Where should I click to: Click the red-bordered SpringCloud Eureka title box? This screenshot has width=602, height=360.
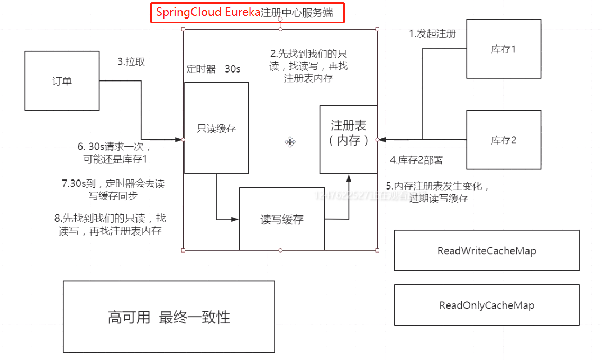(x=248, y=13)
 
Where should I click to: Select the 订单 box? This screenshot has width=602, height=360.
(x=62, y=80)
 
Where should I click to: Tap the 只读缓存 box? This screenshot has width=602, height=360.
(x=216, y=128)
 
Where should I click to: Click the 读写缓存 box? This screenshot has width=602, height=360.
(x=281, y=219)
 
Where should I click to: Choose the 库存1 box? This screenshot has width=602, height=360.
(x=503, y=49)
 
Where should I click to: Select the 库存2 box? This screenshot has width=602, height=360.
(x=503, y=140)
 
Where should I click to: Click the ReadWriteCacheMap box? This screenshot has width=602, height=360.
(x=487, y=250)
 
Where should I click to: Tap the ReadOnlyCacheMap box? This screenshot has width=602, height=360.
(x=487, y=305)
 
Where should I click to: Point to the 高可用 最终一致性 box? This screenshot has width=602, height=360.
(x=169, y=317)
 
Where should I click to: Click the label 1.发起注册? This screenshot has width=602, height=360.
(x=432, y=33)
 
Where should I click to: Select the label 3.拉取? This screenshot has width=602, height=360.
(x=131, y=61)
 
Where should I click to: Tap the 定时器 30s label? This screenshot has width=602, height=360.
(x=213, y=69)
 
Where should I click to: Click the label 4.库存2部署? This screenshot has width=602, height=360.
(x=416, y=159)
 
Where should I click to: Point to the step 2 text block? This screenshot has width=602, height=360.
(x=308, y=66)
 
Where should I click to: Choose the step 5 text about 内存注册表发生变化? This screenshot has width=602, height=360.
(x=438, y=192)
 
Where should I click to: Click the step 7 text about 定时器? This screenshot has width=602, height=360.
(x=113, y=190)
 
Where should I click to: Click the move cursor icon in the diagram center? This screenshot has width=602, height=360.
(x=290, y=141)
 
